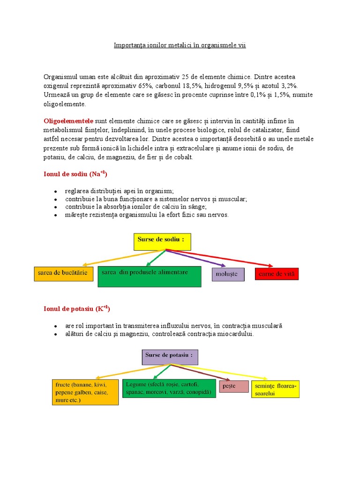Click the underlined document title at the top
coord(180,45)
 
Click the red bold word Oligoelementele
coord(68,121)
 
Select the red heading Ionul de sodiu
coord(75,174)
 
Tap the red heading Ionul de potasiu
coord(77,309)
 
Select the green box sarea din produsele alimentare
coord(150,277)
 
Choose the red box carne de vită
coord(277,274)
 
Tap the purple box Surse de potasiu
coord(170,357)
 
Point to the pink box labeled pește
coord(234,386)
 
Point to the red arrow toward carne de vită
coord(220,258)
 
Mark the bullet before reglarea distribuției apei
coord(55,191)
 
